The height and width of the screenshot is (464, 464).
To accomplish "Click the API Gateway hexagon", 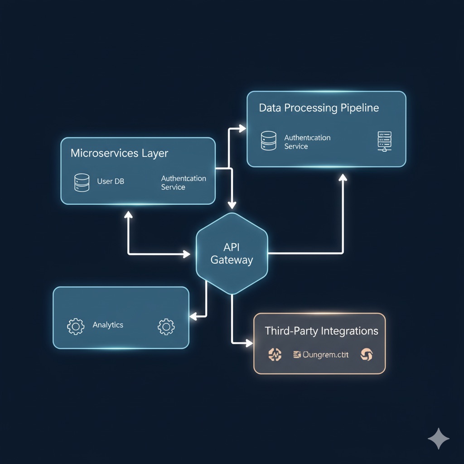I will coord(232,254).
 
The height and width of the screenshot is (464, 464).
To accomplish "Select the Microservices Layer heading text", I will coord(119,153).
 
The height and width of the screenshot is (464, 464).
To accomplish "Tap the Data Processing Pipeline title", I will coord(319,108).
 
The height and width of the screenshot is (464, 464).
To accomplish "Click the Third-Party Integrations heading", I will coord(321,331).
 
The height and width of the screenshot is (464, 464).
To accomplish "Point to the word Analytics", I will coord(108,325).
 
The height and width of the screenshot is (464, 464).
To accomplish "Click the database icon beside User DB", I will coord(82,182).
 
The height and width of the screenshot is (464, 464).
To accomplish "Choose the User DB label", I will coord(111,181).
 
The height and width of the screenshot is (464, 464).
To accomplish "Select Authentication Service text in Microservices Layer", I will coord(183,183).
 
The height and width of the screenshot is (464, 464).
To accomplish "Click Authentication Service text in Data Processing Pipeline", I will coord(307,142).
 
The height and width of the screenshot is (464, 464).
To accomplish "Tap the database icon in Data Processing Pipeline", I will coord(269,140).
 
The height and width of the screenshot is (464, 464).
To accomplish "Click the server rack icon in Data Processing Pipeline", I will coord(384,141).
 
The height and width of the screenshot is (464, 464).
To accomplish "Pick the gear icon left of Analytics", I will coord(76,326).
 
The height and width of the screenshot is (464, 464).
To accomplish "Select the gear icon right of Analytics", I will coord(166,327).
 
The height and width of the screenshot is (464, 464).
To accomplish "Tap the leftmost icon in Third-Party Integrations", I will coord(275,355).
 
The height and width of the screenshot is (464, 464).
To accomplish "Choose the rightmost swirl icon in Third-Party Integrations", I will coord(366,355).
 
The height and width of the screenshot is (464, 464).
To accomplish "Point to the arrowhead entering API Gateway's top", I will coord(232,205).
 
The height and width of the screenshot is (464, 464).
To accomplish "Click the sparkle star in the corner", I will coord(439,438).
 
